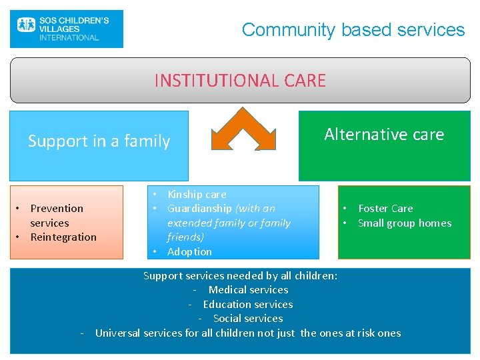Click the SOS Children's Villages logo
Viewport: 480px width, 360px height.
click(x=66, y=29)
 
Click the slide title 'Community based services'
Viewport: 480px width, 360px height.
click(x=353, y=30)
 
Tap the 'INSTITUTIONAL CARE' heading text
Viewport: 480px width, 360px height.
click(x=240, y=81)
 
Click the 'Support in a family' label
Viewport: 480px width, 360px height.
click(x=99, y=141)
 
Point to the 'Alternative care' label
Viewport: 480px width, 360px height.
click(x=384, y=135)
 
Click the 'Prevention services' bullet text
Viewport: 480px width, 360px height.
click(x=57, y=215)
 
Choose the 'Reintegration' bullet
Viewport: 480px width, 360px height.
click(x=63, y=237)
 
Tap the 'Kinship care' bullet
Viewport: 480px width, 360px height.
click(x=197, y=195)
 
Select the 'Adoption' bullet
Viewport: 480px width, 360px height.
click(x=189, y=252)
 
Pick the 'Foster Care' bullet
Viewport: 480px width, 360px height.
click(x=385, y=209)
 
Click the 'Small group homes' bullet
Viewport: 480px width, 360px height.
click(x=405, y=223)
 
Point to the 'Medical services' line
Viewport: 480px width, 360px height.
click(x=248, y=290)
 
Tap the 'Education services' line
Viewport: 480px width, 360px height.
click(x=247, y=304)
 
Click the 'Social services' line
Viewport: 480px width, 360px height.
click(x=248, y=319)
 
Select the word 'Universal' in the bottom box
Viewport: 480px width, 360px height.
click(x=118, y=333)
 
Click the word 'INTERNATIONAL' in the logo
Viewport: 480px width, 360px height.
click(x=69, y=38)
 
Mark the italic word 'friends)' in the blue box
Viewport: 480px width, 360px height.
click(x=185, y=237)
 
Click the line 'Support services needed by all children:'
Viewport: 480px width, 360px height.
click(x=240, y=275)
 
